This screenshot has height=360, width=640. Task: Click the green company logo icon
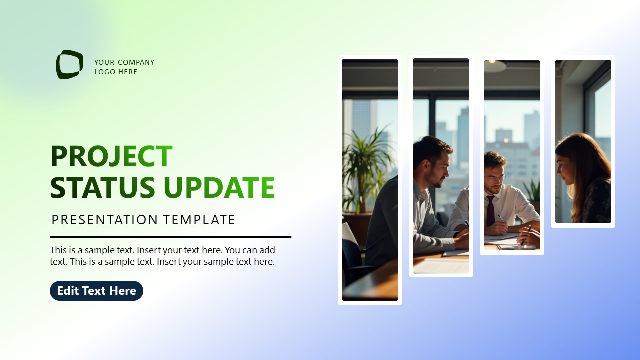click(x=69, y=64)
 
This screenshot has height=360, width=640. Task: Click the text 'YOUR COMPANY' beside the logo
click(x=124, y=62)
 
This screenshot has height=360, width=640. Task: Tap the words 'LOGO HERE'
click(x=116, y=72)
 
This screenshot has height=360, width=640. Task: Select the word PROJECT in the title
click(x=111, y=156)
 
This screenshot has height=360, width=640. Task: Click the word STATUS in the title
click(x=103, y=187)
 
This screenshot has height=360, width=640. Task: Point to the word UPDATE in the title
click(x=219, y=187)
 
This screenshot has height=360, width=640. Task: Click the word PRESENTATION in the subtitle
click(x=105, y=220)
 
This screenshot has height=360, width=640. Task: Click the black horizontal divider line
click(x=170, y=237)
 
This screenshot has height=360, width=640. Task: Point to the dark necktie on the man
click(x=490, y=210)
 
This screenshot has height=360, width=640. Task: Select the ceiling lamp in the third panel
click(x=495, y=66)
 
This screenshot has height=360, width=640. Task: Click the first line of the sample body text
click(x=162, y=250)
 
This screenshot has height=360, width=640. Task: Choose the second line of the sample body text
click(x=162, y=261)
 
